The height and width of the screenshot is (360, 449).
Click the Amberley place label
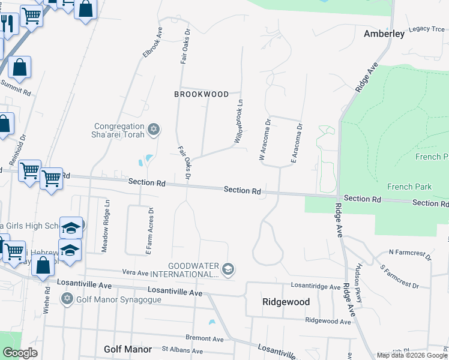point(384,34)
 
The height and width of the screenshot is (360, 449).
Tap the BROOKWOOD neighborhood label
point(201,94)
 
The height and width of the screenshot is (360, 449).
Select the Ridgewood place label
point(286,302)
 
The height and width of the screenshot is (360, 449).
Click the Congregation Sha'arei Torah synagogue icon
point(154,129)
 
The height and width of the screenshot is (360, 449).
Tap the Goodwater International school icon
point(228,269)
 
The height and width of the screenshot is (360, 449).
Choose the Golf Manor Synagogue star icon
point(67,298)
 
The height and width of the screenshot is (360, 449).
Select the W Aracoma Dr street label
point(265,139)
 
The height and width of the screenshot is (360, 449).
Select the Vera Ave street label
point(135,273)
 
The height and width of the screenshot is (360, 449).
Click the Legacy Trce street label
point(426,28)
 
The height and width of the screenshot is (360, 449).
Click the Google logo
point(20,352)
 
